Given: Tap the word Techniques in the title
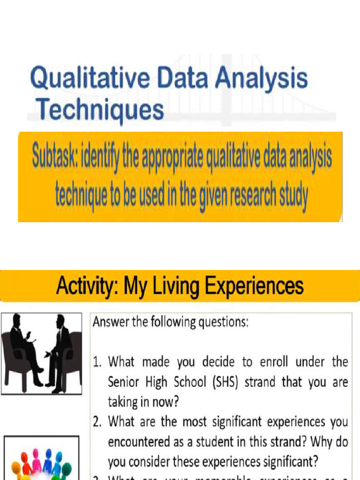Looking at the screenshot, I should (101, 110).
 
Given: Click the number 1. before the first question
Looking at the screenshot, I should (98, 362).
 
